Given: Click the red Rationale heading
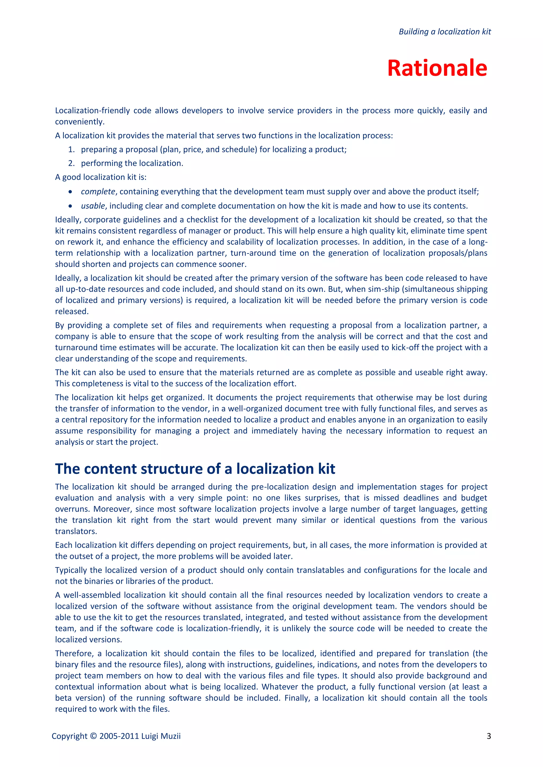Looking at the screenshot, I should [437, 68].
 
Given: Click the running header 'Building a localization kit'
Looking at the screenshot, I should [444, 32].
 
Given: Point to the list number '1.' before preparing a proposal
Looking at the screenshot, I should [71, 149].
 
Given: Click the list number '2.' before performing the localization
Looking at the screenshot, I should [71, 163].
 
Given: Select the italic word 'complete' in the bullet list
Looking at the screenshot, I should [98, 192].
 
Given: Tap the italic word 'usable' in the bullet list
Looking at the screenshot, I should [93, 206].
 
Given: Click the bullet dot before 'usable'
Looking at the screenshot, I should [70, 206].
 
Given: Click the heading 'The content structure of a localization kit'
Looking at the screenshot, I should [195, 469].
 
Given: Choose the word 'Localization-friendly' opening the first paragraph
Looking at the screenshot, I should [92, 110].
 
